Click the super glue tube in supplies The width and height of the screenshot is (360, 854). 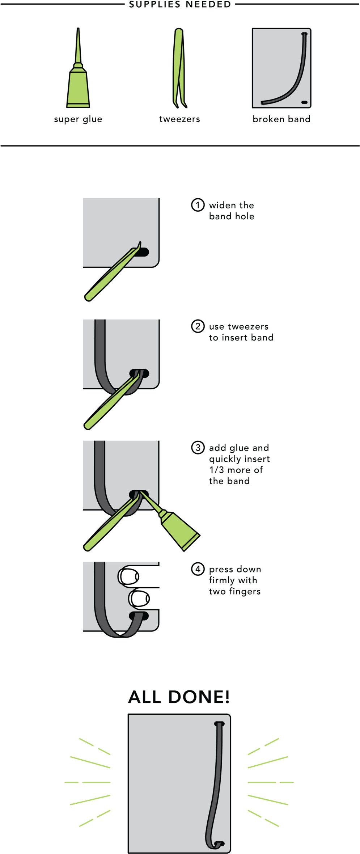click(x=78, y=68)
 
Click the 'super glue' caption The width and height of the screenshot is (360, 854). click(x=78, y=119)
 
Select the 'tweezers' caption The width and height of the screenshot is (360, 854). click(x=179, y=119)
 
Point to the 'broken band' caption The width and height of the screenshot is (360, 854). click(x=281, y=119)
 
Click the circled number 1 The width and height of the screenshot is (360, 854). click(x=198, y=205)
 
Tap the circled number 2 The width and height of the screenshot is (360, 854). click(x=198, y=326)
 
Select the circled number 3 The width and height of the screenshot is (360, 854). click(x=198, y=447)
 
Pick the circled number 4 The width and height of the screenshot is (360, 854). click(x=198, y=569)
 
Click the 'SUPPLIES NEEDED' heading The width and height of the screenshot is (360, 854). click(x=180, y=4)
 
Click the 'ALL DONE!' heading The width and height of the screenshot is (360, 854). click(x=179, y=697)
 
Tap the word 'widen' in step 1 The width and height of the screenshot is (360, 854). click(x=221, y=205)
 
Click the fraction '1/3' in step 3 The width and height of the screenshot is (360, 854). click(x=216, y=470)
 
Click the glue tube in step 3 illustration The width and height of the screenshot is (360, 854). click(x=170, y=521)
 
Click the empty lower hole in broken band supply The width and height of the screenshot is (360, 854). click(x=304, y=102)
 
